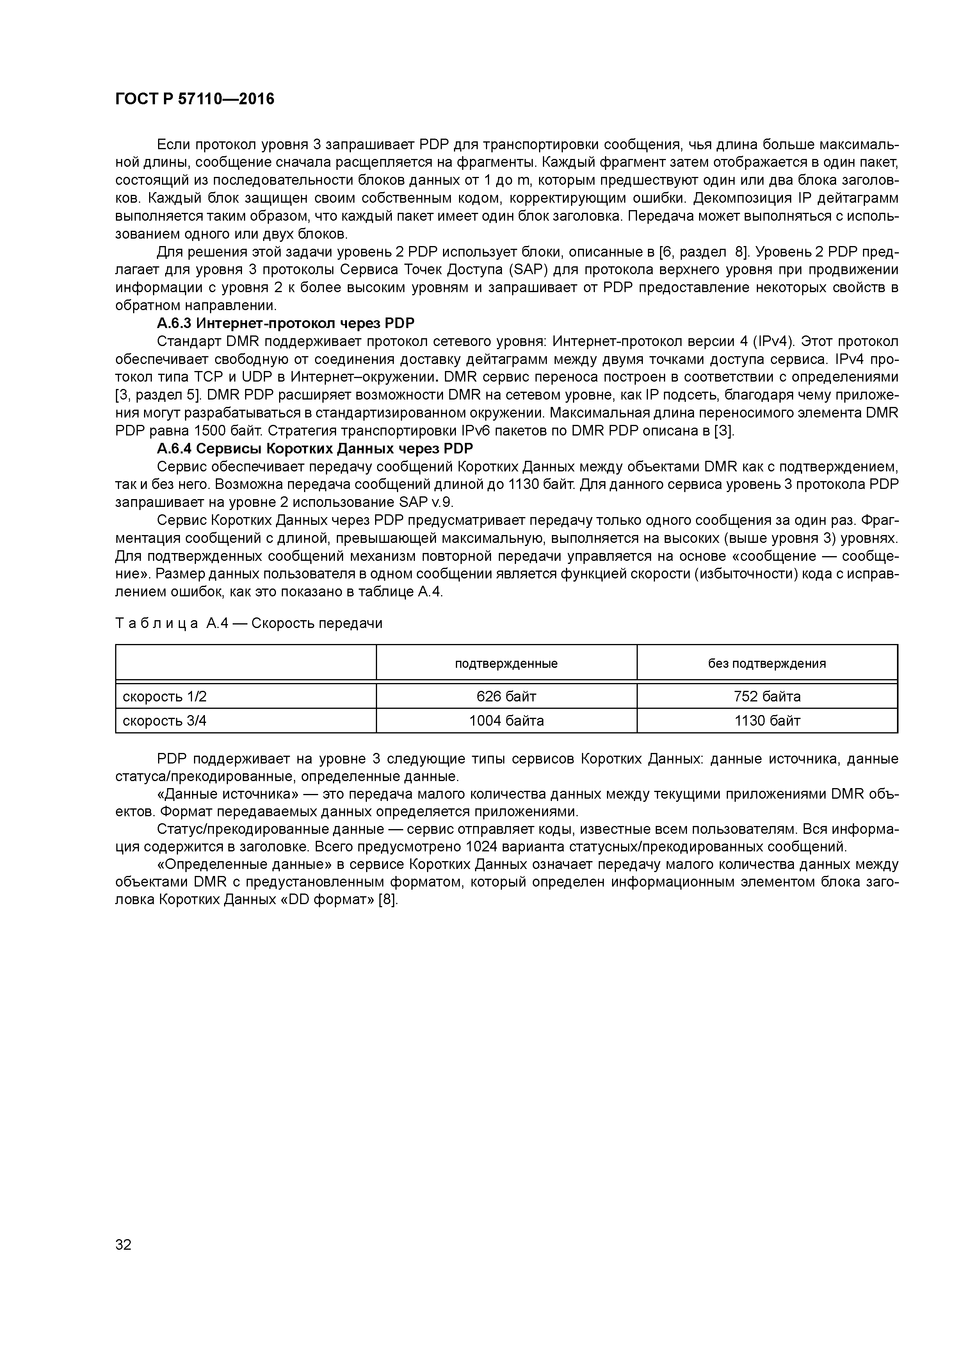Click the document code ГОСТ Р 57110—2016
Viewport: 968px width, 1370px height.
click(x=194, y=100)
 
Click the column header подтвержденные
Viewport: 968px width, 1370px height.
click(x=506, y=664)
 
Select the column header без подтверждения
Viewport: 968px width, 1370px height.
click(x=767, y=664)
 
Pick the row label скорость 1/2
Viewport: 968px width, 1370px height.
click(x=165, y=696)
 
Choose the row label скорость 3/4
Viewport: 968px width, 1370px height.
click(x=165, y=721)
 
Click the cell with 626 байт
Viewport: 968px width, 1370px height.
click(x=506, y=696)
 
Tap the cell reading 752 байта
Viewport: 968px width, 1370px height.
click(x=767, y=696)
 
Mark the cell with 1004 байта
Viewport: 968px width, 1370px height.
click(x=506, y=721)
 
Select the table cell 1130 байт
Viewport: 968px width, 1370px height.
click(x=767, y=721)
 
